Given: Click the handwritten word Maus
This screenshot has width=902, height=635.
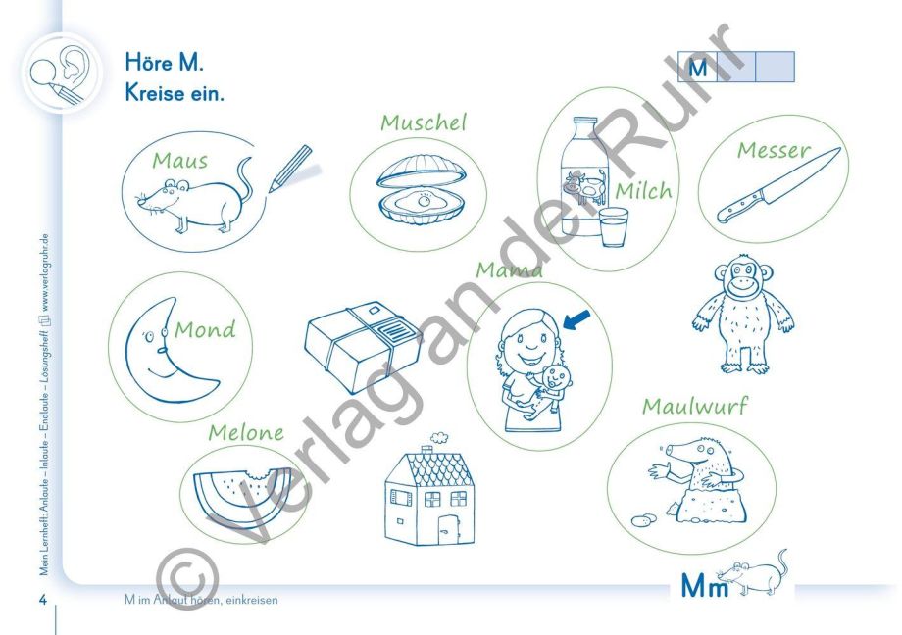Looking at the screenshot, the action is point(180,161).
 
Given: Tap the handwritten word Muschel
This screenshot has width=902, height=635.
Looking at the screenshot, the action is point(424,122).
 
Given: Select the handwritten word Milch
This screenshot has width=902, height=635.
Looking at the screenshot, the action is point(644,190).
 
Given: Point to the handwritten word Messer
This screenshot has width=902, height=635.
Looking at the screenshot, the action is point(774,150).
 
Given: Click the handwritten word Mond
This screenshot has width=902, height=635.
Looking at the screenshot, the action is point(205,329).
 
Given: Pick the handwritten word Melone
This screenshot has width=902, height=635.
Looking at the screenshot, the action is point(246,432).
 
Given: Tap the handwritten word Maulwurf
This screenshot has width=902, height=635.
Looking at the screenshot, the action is point(695,406).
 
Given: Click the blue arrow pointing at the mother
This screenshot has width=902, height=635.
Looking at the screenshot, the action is point(576,320).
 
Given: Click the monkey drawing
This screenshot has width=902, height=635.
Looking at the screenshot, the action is point(744,314).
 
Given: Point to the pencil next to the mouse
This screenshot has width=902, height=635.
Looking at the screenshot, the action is point(290,168).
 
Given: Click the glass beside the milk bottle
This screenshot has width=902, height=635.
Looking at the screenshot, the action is point(613,227).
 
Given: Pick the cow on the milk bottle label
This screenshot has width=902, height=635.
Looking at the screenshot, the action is point(585,187).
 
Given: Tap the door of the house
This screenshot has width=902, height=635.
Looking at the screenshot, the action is point(447,529).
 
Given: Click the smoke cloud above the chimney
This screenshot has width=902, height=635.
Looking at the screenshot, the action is point(439,437).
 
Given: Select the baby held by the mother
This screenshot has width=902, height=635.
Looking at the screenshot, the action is point(548,391).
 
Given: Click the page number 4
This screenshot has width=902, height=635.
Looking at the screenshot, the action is point(42,600).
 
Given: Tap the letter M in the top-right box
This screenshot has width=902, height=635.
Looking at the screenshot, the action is point(698,68).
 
